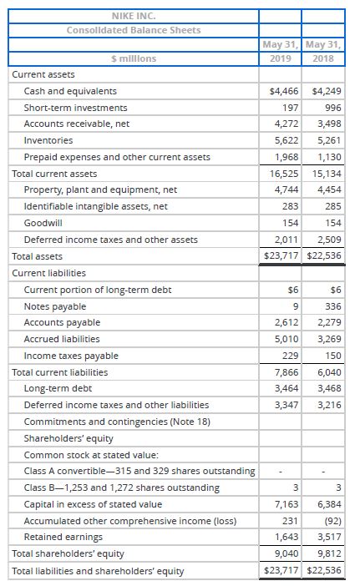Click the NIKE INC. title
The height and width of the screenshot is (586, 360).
[134, 15]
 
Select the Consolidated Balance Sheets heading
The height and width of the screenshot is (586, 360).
[134, 30]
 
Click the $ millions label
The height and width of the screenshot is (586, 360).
[134, 58]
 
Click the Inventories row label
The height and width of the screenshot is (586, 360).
[48, 140]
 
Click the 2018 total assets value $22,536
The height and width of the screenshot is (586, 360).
[324, 255]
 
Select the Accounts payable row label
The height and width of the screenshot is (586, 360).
[62, 322]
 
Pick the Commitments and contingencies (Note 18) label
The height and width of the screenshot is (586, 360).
[110, 422]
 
